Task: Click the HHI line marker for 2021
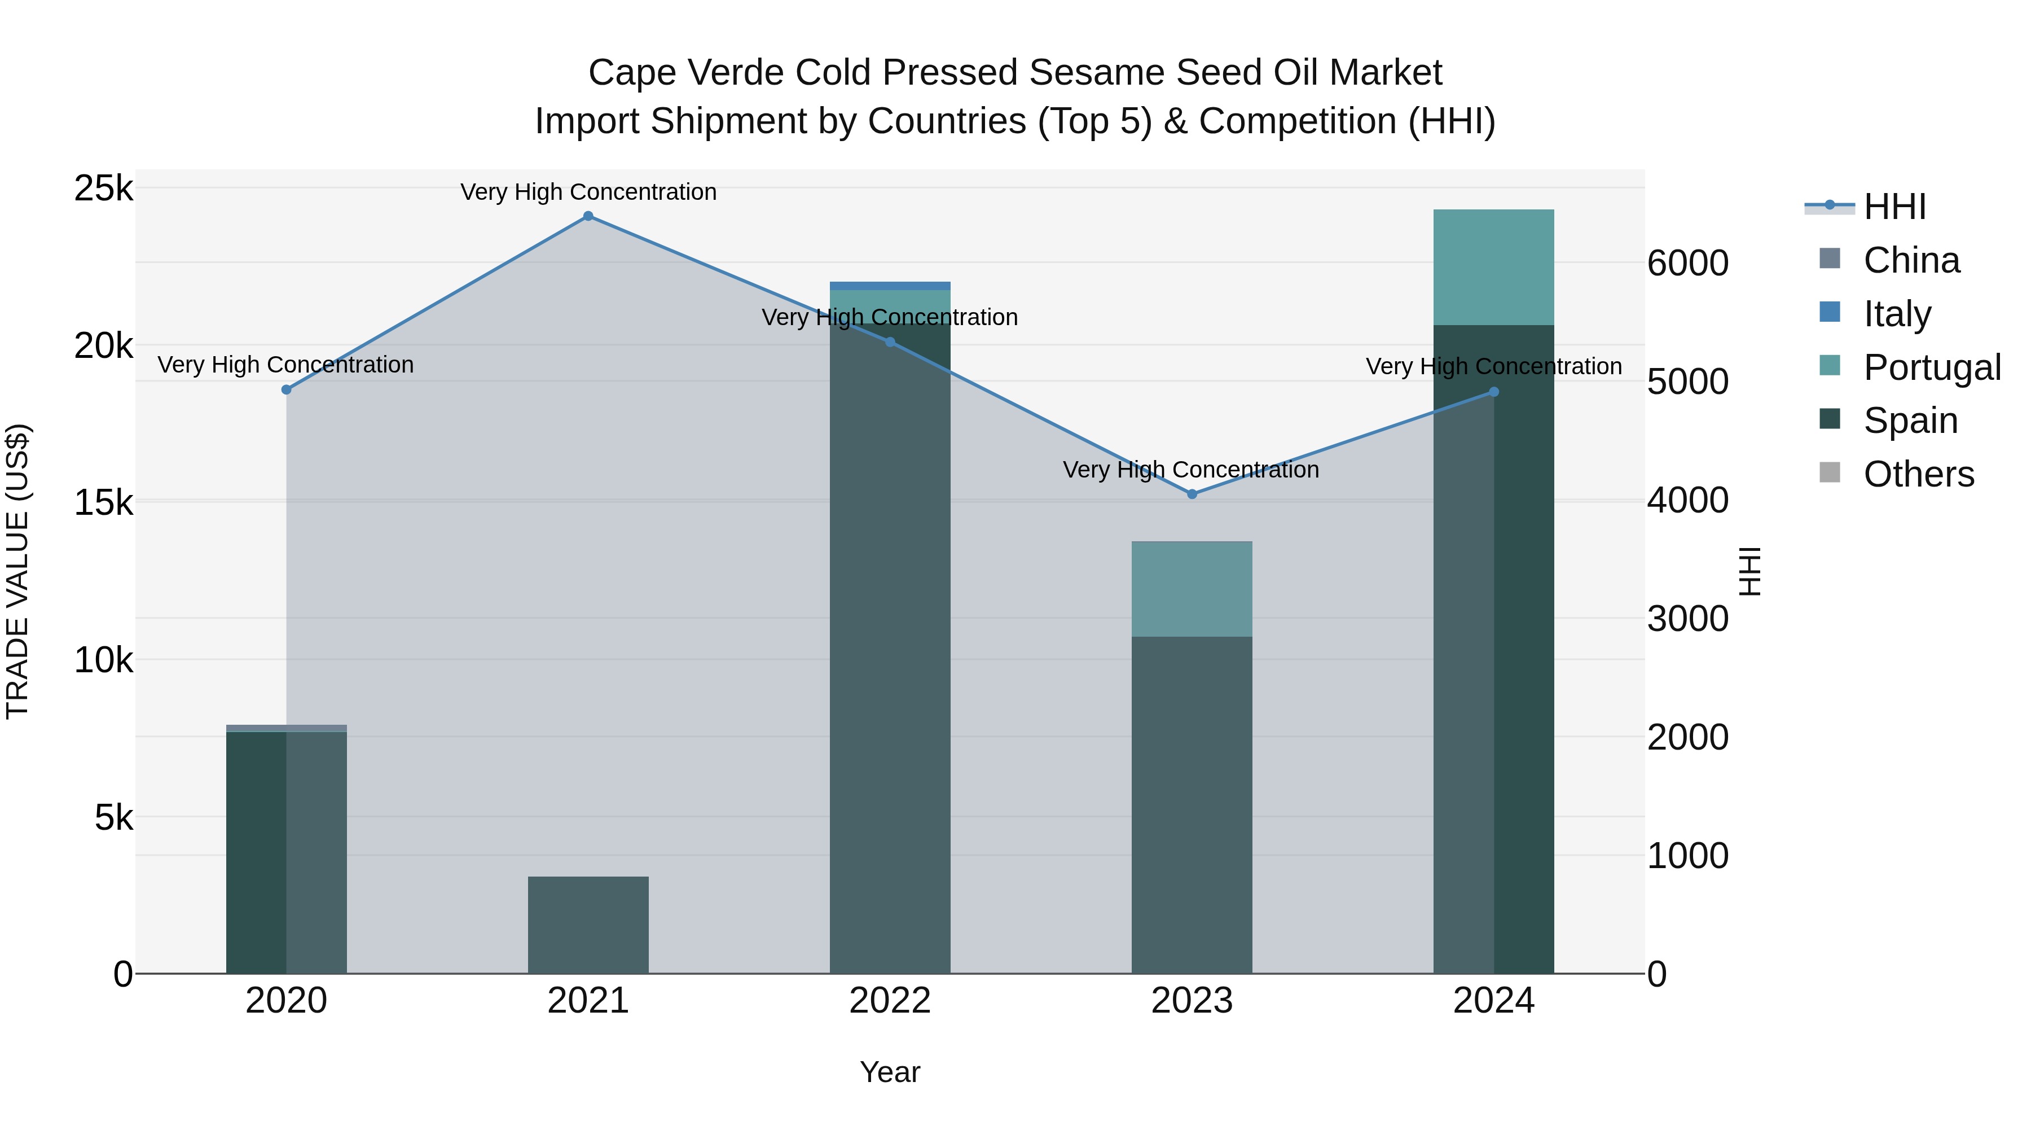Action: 588,216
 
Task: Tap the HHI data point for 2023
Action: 1192,494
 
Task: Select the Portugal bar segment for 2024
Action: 1493,268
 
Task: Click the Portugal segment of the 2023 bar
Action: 1192,589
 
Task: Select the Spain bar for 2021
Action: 588,925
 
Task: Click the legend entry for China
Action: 1910,260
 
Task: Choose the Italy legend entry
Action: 1896,314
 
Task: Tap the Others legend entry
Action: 1918,474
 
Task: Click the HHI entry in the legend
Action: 1894,207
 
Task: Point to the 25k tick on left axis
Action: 103,189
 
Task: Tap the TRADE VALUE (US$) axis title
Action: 17,571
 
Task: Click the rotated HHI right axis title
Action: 1749,571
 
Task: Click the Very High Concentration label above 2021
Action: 588,192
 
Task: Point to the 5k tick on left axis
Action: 113,818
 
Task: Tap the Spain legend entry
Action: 1910,421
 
